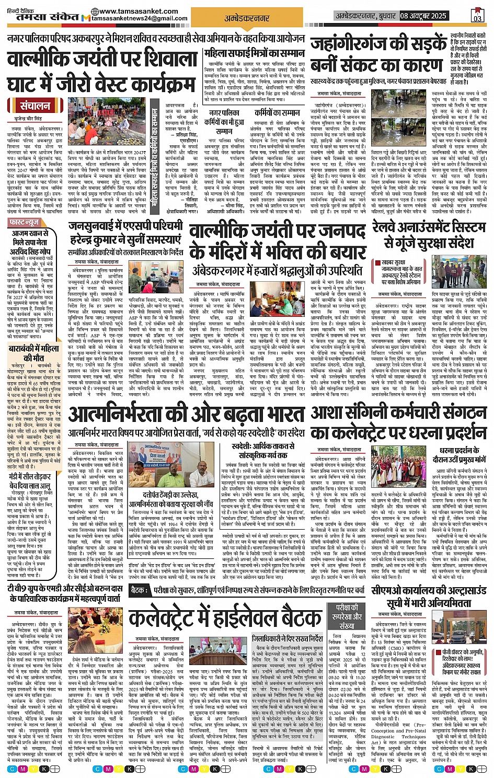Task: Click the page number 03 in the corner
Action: pyautogui.click(x=477, y=16)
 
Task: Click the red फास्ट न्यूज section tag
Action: pyautogui.click(x=25, y=222)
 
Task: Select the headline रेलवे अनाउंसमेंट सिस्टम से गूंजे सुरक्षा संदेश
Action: pyautogui.click(x=429, y=235)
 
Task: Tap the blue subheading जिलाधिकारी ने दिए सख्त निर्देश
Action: pyautogui.click(x=287, y=639)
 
